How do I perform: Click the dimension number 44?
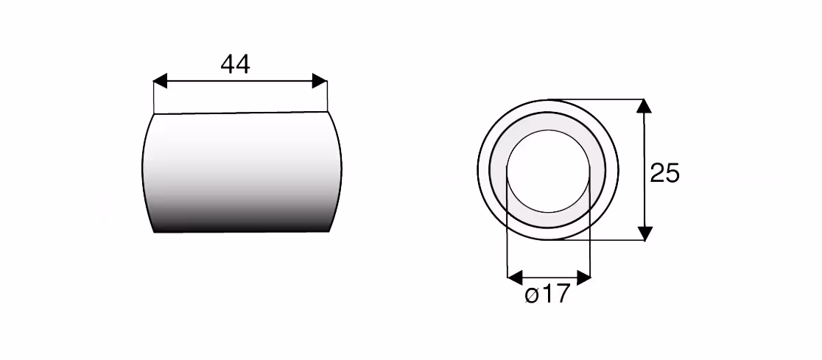pos(236,64)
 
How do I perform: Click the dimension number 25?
pos(664,172)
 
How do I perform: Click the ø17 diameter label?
pos(547,295)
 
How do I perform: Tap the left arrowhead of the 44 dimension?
pos(160,81)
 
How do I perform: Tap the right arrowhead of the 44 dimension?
pos(320,81)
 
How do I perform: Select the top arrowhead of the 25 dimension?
pos(644,106)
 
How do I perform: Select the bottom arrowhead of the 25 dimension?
pos(644,233)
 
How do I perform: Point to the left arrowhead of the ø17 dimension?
pos(515,278)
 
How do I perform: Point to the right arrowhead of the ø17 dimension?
pos(583,278)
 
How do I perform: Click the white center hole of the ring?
pos(548,171)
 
